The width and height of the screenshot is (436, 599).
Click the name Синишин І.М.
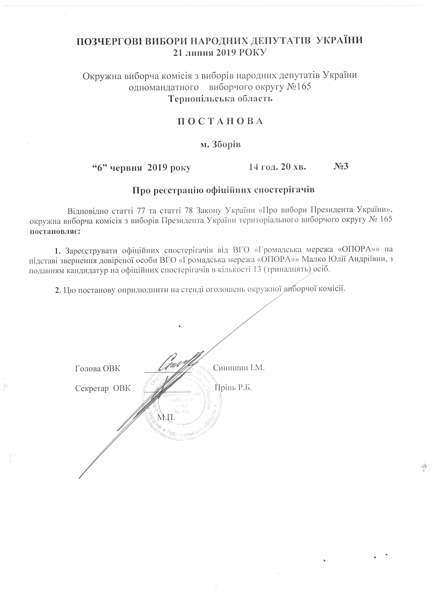[x=239, y=367]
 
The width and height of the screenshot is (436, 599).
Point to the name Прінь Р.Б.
[x=233, y=387]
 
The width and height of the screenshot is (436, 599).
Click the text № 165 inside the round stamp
[x=182, y=412]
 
